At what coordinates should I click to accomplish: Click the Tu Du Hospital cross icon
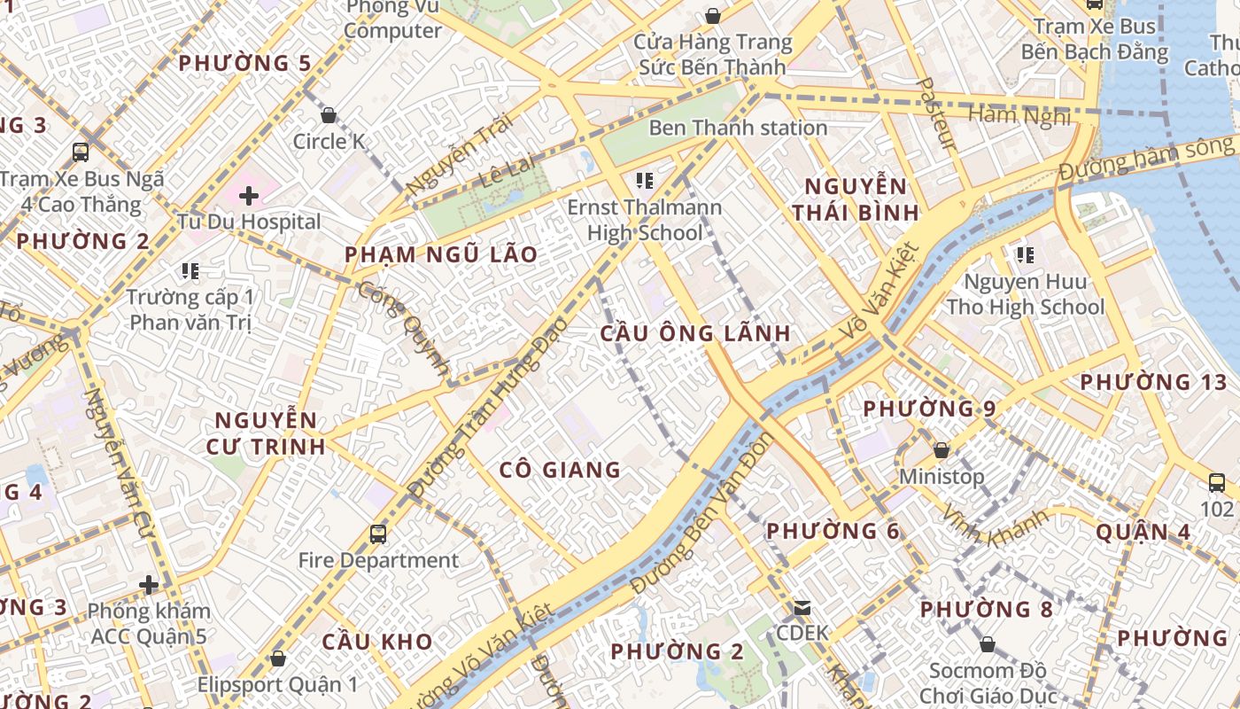pos(249,195)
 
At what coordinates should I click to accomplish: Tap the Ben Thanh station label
pos(738,128)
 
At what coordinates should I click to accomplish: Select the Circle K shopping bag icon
pos(329,115)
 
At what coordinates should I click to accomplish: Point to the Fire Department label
pos(378,560)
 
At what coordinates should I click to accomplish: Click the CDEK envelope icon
pos(802,608)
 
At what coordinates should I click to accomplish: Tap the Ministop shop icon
pos(942,450)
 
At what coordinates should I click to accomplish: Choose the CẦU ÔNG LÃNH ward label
pos(695,333)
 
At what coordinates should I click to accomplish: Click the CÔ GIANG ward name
pos(560,470)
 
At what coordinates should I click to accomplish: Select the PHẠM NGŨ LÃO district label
pos(441,254)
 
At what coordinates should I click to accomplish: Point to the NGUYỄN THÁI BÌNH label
pos(855,199)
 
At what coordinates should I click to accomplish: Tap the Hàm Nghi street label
pos(1019,114)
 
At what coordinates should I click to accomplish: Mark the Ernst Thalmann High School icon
pos(645,181)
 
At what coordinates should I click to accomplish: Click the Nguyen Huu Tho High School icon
pos(1026,256)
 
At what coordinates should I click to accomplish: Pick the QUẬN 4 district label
pos(1143,532)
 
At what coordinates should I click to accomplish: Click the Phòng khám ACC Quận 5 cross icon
pos(149,585)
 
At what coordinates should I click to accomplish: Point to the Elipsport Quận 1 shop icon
pos(278,658)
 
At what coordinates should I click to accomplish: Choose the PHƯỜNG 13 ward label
pos(1153,382)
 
